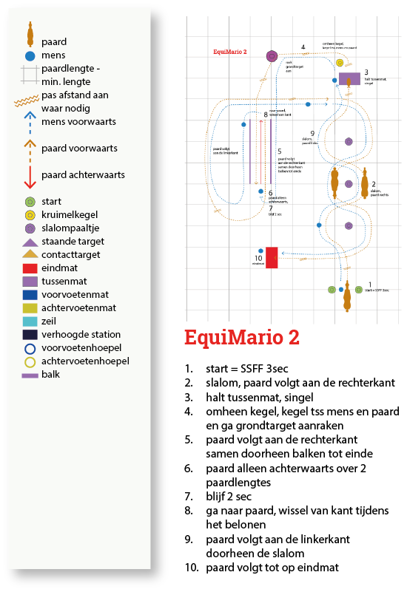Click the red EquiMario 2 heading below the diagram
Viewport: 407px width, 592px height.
pyautogui.click(x=242, y=337)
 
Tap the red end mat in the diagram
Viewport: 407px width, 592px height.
pyautogui.click(x=272, y=257)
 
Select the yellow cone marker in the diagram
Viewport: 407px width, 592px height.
pyautogui.click(x=338, y=63)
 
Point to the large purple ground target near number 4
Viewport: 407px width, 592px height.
pyautogui.click(x=272, y=56)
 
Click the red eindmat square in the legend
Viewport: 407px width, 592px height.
pyautogui.click(x=30, y=268)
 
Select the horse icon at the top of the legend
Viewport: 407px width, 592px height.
pyautogui.click(x=30, y=33)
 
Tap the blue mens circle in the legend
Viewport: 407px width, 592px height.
pyautogui.click(x=30, y=55)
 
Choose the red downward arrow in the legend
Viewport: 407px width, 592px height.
pyautogui.click(x=30, y=175)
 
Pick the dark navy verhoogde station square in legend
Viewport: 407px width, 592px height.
pyautogui.click(x=30, y=335)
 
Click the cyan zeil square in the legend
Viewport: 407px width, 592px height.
pyautogui.click(x=30, y=321)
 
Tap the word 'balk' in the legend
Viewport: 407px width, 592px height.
pyautogui.click(x=52, y=375)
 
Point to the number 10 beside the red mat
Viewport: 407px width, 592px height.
pyautogui.click(x=258, y=258)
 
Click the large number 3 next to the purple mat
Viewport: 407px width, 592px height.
pyautogui.click(x=366, y=73)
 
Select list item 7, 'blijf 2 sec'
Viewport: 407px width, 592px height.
pyautogui.click(x=229, y=497)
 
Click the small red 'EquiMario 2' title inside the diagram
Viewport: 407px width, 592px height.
pyautogui.click(x=229, y=52)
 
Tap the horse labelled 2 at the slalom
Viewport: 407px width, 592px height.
pyautogui.click(x=364, y=184)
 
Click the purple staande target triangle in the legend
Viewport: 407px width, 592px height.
pyautogui.click(x=30, y=241)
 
